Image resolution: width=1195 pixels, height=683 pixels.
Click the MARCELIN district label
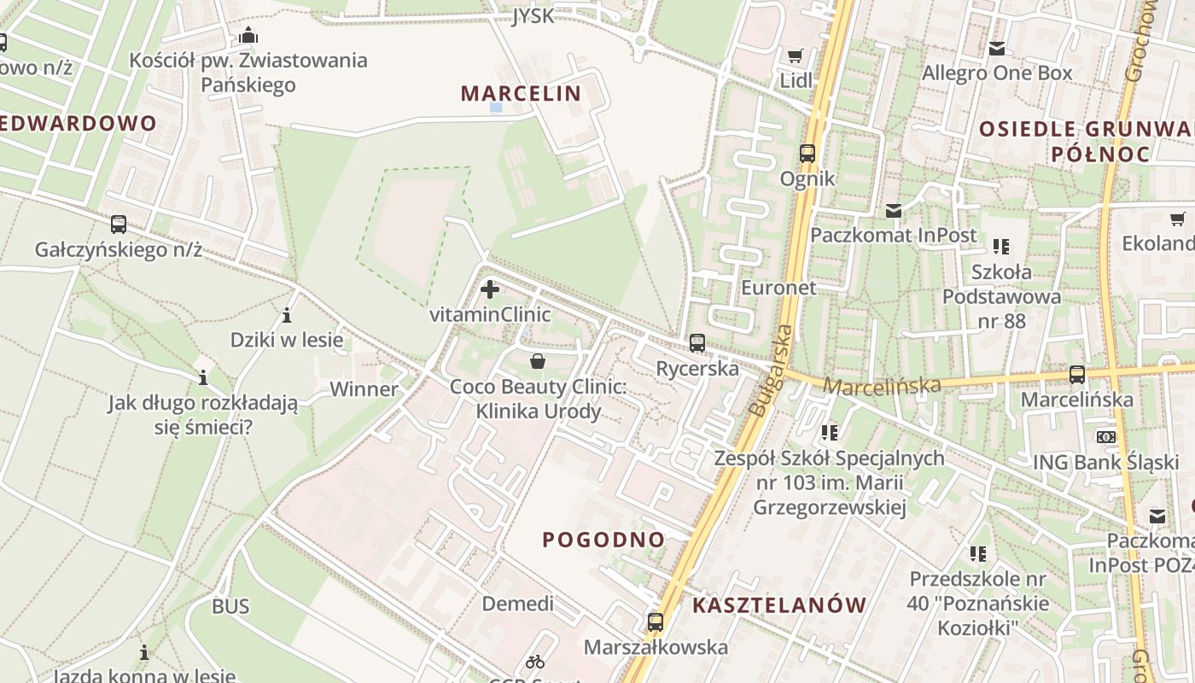click(x=521, y=93)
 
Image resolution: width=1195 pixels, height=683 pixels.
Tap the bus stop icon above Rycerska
click(x=697, y=343)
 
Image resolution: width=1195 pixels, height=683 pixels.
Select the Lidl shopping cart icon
click(x=796, y=56)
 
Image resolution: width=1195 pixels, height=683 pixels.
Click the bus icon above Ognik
click(x=807, y=154)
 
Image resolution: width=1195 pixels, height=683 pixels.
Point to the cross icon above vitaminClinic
click(x=490, y=289)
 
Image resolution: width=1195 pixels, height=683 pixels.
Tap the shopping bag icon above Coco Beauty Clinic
click(x=538, y=361)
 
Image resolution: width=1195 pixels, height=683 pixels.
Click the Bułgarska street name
click(x=771, y=371)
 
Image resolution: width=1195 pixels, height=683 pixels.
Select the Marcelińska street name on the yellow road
click(x=882, y=386)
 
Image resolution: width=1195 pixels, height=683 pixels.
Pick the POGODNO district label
click(x=603, y=540)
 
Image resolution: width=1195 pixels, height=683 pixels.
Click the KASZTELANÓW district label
click(x=779, y=605)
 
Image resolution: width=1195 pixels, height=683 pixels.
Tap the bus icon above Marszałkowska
click(x=656, y=622)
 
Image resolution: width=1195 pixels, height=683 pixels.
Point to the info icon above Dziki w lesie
click(x=287, y=316)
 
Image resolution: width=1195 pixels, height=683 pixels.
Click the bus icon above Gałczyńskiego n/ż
click(x=119, y=225)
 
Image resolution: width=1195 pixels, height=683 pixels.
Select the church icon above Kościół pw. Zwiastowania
click(x=248, y=35)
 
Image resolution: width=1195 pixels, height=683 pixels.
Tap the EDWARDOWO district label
click(x=79, y=123)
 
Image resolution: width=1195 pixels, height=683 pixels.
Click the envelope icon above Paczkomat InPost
click(x=894, y=210)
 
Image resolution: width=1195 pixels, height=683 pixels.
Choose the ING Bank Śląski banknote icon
click(x=1106, y=437)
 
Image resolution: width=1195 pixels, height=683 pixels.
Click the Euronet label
click(x=778, y=287)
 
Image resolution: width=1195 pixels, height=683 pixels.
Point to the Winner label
click(x=364, y=389)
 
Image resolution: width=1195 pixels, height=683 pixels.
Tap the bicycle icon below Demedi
click(x=535, y=661)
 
